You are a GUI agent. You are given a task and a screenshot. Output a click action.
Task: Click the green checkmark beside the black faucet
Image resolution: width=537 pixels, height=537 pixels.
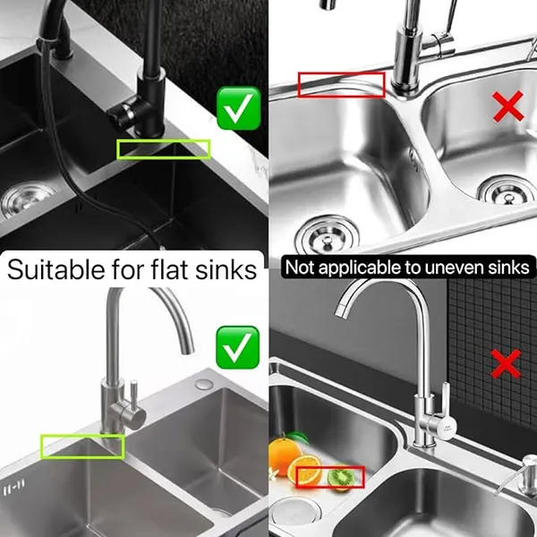[x=239, y=108]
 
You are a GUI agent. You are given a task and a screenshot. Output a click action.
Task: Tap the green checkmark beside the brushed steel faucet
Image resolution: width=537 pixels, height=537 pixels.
[x=238, y=347]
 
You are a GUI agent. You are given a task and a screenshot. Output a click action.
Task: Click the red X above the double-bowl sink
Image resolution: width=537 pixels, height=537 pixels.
[x=508, y=107]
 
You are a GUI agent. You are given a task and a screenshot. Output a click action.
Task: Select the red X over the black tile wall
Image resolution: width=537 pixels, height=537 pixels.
[x=506, y=363]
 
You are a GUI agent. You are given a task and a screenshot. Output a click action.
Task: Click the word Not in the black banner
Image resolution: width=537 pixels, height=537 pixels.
[x=299, y=267]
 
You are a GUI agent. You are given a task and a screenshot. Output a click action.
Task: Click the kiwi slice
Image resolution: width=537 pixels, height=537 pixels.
[x=341, y=477]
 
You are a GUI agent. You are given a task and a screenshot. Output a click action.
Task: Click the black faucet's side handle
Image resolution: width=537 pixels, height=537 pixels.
[x=124, y=112]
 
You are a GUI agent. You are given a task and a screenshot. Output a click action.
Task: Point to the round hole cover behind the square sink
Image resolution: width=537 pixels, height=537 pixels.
[x=204, y=384]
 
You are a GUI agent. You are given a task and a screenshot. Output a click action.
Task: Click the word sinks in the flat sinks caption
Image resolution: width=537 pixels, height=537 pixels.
[x=226, y=269]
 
